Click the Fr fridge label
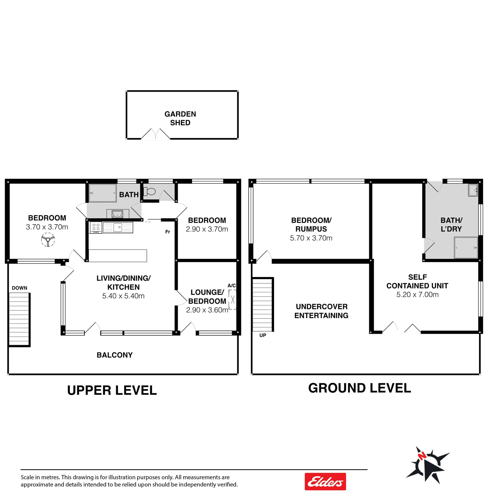coord(167,232)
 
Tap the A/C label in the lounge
coord(231,286)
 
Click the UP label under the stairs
coord(263,335)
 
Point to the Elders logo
coord(325,482)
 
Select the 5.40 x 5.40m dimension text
coord(123,296)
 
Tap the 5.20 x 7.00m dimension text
coord(417,295)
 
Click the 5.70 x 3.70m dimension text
coord(311,238)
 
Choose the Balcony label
coord(115,355)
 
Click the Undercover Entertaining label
coord(321,311)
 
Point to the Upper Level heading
coord(112,390)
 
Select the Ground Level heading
coord(360,388)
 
